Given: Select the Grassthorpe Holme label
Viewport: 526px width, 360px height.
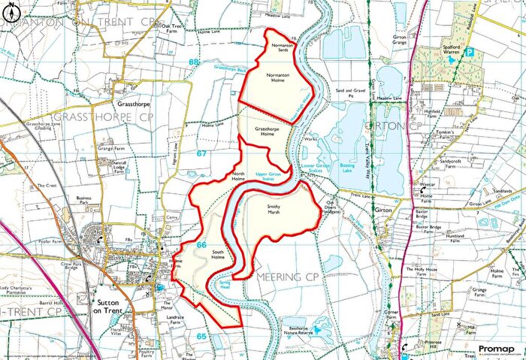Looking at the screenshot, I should pos(268,132).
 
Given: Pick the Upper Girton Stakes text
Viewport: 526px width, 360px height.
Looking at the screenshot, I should pos(268,176).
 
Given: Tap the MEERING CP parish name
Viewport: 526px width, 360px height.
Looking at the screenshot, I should pos(288,277).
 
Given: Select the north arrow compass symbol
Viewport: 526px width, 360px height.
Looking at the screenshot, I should pos(9,10).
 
